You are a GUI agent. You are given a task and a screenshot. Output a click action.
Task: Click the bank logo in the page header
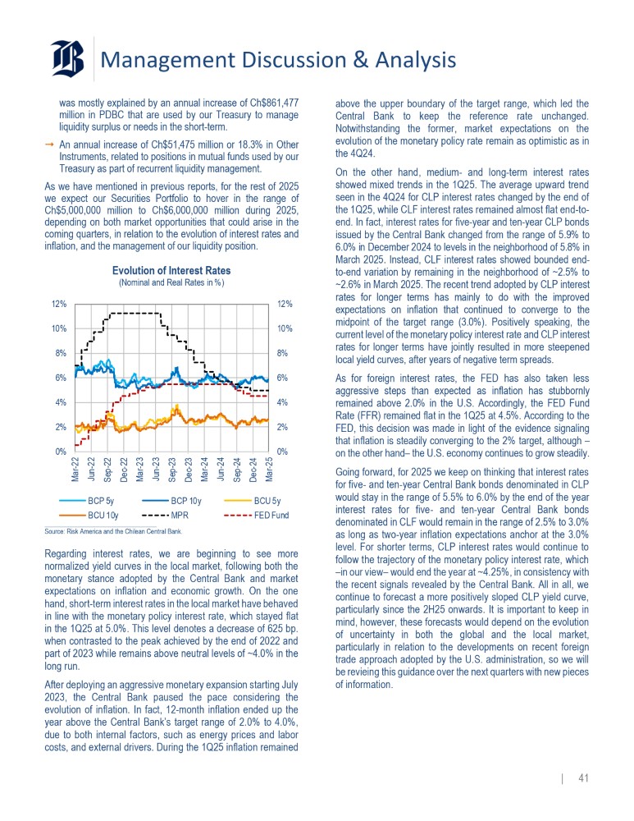[67, 59]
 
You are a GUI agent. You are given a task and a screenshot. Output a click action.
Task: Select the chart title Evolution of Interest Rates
[171, 271]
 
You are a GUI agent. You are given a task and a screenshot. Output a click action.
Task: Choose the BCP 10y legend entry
[184, 499]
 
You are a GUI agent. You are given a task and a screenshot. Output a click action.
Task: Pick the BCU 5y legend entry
[267, 499]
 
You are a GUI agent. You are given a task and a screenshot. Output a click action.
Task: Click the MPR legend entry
[179, 515]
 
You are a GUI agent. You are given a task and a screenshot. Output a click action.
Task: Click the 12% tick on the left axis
[59, 304]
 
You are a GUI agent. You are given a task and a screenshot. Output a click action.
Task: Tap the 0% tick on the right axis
[286, 452]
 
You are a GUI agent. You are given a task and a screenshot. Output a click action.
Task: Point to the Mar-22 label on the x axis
[75, 470]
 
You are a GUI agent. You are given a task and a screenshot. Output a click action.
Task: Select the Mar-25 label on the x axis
[269, 470]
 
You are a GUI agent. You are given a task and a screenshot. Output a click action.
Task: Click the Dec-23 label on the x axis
[189, 470]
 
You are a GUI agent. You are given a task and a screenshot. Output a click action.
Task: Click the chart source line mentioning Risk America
[112, 531]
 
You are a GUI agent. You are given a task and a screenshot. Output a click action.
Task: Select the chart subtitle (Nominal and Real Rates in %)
[171, 283]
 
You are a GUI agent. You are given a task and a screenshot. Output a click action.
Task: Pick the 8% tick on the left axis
[61, 353]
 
